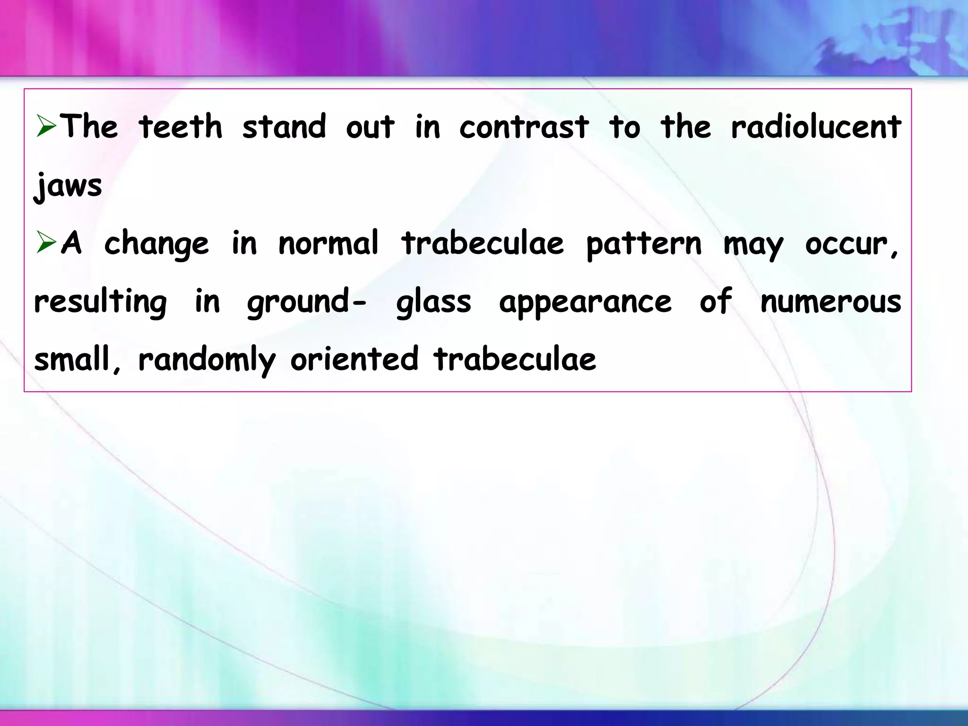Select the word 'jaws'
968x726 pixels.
pyautogui.click(x=68, y=185)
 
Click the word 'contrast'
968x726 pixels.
pyautogui.click(x=524, y=128)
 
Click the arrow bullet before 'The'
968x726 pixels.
pyautogui.click(x=46, y=127)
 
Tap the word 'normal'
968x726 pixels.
pyautogui.click(x=328, y=243)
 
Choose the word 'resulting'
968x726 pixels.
pyautogui.click(x=101, y=302)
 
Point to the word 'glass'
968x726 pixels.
pyautogui.click(x=433, y=302)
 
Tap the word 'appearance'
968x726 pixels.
pyautogui.click(x=585, y=302)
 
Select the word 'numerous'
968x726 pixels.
pyautogui.click(x=830, y=302)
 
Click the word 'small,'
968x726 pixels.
pyautogui.click(x=77, y=359)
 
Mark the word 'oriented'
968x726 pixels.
pyautogui.click(x=354, y=359)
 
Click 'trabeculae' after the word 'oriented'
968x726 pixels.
pyautogui.click(x=515, y=359)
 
